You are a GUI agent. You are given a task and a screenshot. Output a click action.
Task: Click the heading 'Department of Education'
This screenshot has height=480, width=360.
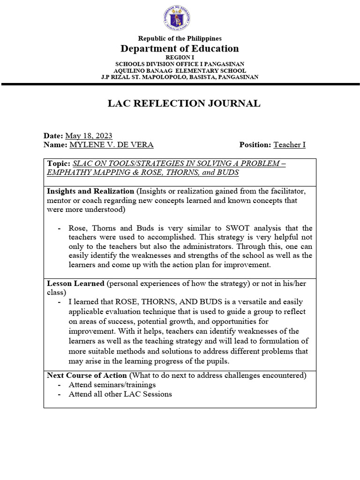(180, 49)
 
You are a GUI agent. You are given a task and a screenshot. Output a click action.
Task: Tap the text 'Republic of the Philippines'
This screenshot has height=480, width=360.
(180, 38)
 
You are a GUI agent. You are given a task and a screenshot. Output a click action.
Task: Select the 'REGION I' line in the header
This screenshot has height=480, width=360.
(180, 57)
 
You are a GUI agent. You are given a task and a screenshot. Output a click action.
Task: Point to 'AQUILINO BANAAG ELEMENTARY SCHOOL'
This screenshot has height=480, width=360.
(180, 70)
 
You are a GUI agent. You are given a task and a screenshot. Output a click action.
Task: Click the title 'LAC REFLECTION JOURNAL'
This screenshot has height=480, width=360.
(184, 104)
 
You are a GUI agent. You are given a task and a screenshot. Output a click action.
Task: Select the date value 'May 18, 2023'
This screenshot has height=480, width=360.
(89, 135)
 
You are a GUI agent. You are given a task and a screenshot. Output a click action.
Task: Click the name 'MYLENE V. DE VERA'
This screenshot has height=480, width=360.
(111, 145)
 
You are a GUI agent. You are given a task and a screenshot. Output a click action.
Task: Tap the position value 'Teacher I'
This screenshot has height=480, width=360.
(289, 145)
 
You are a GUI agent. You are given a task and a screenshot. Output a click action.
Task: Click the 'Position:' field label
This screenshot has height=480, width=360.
(255, 145)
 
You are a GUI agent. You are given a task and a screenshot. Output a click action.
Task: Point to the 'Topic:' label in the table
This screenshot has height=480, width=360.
(59, 163)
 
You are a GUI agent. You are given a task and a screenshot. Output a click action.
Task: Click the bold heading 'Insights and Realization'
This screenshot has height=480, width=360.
(90, 191)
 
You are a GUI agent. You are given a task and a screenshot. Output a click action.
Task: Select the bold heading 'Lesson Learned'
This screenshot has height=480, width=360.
(75, 284)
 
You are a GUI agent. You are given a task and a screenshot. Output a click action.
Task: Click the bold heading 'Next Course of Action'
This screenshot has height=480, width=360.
(87, 375)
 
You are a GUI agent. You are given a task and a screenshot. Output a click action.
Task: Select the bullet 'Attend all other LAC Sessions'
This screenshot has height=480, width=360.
(120, 394)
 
